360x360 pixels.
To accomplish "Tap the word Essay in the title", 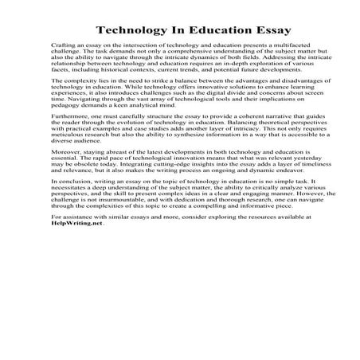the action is pos(246,30).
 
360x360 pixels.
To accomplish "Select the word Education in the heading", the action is pos(198,30).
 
